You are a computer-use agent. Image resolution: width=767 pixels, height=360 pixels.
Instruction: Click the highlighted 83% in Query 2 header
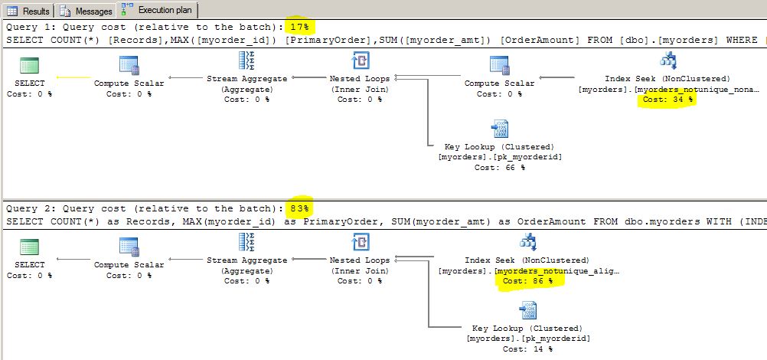300,208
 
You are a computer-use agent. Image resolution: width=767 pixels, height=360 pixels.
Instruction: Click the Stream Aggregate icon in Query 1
247,61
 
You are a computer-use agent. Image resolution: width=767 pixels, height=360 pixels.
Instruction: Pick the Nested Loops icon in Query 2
360,243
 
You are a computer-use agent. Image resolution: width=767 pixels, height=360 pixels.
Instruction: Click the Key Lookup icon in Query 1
500,129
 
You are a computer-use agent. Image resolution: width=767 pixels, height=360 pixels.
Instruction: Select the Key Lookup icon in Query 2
527,310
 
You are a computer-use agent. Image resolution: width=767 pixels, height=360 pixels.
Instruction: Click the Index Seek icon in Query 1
667,61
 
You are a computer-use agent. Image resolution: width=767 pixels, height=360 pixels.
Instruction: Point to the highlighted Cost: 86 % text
527,281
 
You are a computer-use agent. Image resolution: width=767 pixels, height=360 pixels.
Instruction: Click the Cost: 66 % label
499,167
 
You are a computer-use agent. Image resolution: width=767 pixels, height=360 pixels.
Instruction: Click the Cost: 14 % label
527,349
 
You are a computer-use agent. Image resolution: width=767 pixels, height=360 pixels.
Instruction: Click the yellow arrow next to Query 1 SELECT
72,77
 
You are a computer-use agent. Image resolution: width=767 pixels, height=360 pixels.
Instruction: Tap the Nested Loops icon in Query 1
360,61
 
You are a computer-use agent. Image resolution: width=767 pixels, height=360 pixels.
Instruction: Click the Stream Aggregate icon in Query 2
247,243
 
